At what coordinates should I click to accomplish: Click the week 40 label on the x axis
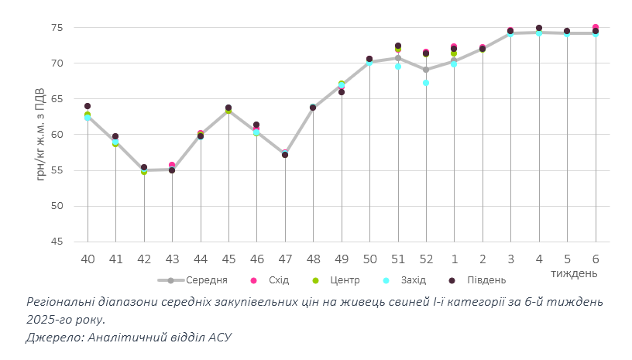tap(88, 258)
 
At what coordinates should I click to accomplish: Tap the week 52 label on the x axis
tap(426, 258)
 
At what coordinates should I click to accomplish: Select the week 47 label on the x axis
tap(285, 258)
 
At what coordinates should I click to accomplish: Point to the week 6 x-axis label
tap(596, 258)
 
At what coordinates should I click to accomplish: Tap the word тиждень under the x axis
tap(574, 273)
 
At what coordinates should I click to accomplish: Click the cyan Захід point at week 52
tap(426, 83)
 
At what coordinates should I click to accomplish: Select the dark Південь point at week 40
tap(88, 106)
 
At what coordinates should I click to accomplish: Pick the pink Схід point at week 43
tap(172, 165)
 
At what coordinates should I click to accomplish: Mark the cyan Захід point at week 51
tap(398, 67)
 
